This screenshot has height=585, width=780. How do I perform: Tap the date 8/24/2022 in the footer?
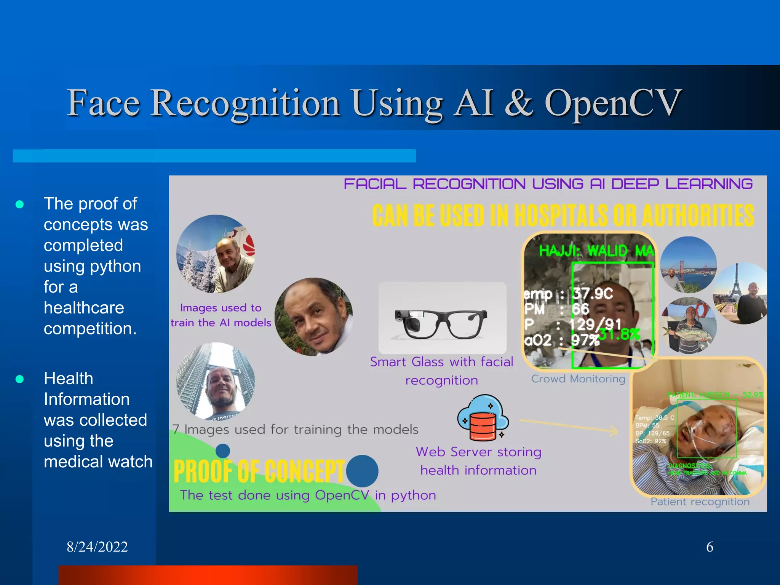pyautogui.click(x=97, y=547)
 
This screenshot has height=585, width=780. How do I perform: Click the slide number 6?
pyautogui.click(x=710, y=547)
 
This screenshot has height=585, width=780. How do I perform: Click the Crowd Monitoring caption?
pyautogui.click(x=578, y=379)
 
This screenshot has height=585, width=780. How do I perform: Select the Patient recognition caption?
pyautogui.click(x=700, y=502)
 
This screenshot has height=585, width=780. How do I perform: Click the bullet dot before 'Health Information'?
pyautogui.click(x=20, y=379)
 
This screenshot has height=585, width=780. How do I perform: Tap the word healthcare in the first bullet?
pyautogui.click(x=84, y=308)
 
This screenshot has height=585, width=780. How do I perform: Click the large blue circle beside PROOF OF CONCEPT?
pyautogui.click(x=362, y=471)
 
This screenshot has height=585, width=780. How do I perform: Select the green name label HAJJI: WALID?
pyautogui.click(x=596, y=251)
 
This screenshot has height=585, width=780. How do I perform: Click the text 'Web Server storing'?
pyautogui.click(x=478, y=452)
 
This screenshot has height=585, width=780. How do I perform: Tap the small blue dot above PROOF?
pyautogui.click(x=223, y=451)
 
